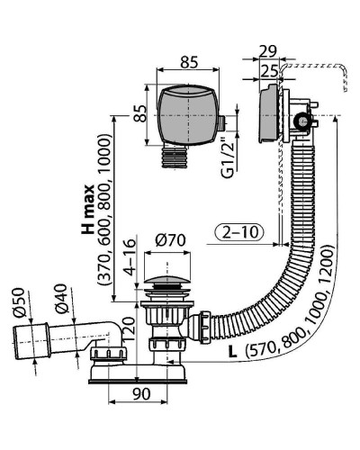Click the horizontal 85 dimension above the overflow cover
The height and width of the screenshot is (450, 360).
(x=189, y=62)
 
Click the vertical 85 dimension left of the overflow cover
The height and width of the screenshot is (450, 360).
(x=139, y=113)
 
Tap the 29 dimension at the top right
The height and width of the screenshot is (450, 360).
(x=268, y=51)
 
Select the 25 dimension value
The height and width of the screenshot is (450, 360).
(x=269, y=71)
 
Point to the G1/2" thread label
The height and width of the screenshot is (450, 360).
(x=229, y=158)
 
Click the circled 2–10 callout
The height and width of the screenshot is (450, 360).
(x=239, y=232)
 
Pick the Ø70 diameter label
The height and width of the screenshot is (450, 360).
(x=171, y=240)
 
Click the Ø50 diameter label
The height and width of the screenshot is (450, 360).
(x=19, y=302)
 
